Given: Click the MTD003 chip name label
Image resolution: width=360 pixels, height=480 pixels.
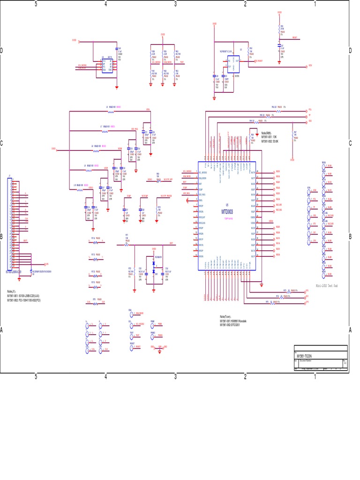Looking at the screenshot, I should [227, 211].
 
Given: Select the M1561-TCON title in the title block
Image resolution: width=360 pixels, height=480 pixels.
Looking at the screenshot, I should [306, 356].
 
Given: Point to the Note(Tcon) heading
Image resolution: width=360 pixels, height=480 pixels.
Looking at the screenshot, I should [227, 317].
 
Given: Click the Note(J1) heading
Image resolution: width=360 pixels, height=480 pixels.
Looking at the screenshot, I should [12, 291].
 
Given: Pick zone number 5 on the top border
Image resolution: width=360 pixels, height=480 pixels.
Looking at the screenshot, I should [36, 4].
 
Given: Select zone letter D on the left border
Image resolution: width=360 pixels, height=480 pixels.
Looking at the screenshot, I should [2, 51].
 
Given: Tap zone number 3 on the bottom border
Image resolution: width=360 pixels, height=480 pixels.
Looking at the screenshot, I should [175, 376].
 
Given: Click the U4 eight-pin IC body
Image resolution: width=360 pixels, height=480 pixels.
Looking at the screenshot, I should [107, 66].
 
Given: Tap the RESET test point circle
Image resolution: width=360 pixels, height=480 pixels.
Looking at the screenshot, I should [132, 347].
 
